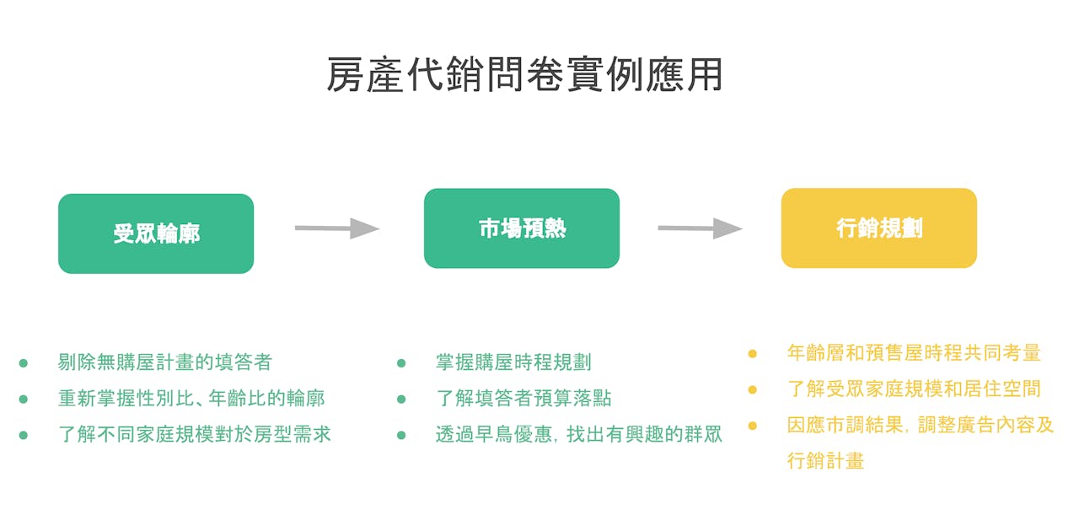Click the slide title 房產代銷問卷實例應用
(524, 75)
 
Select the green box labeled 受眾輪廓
(156, 233)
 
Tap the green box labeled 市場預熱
(522, 228)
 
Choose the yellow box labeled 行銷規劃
(878, 228)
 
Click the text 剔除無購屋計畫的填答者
(165, 362)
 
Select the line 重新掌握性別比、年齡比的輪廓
(191, 399)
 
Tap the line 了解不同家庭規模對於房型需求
(195, 435)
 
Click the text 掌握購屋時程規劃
(513, 362)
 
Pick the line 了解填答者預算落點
(523, 399)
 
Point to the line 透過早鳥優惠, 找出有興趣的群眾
(578, 435)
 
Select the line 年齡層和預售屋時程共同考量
(914, 353)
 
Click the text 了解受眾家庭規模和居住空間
(914, 389)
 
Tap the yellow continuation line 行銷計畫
(825, 461)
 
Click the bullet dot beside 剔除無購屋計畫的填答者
(24, 363)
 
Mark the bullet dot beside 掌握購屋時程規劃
(401, 363)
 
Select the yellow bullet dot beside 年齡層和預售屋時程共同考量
(753, 354)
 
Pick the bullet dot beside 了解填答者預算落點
(401, 399)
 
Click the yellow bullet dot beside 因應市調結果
(753, 426)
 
